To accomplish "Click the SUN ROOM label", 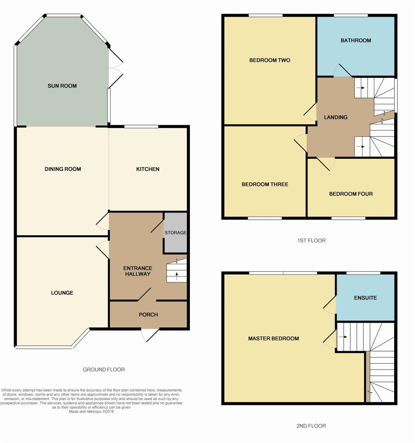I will (62, 86).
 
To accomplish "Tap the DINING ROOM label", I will (63, 169).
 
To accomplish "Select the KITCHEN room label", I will (148, 169).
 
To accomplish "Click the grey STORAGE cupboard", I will (176, 233).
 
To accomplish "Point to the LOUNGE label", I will (62, 293).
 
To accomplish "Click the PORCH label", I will (148, 315).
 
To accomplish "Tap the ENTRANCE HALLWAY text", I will (137, 271).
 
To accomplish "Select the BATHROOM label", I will (356, 40).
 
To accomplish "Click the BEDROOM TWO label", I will (269, 60).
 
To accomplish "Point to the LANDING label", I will (335, 117).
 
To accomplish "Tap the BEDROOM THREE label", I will (265, 184).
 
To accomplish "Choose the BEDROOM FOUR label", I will (351, 194).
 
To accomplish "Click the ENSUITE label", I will (365, 298).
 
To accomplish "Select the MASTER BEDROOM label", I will (273, 338).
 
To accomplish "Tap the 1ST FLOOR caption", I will (311, 240).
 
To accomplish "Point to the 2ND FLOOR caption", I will (311, 426).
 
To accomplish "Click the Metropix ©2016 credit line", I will (91, 411).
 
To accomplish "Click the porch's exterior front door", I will (150, 334).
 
